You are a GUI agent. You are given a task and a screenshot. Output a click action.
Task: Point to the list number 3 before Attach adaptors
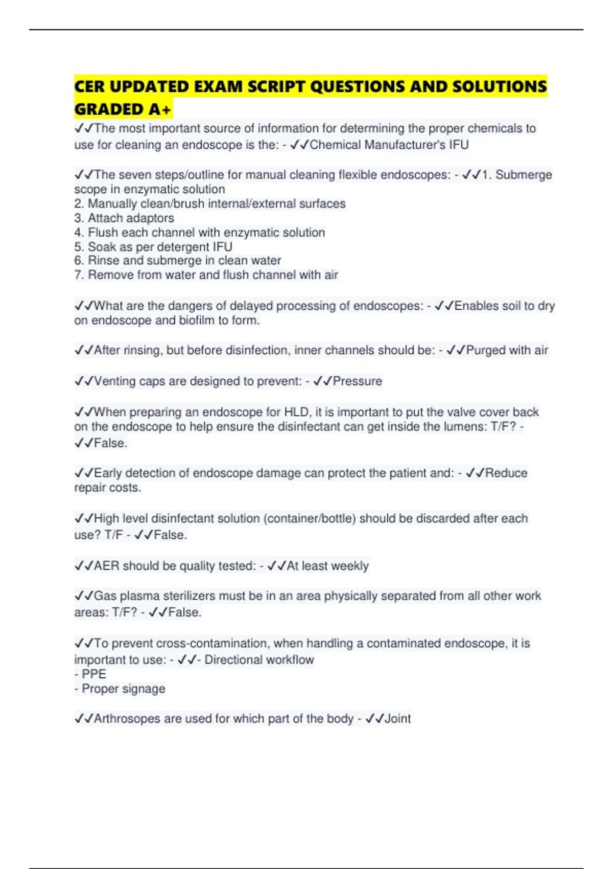click(x=78, y=218)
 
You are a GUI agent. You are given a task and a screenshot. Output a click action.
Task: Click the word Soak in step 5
click(x=102, y=247)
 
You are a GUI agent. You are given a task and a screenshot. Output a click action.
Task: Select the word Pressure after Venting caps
click(x=357, y=381)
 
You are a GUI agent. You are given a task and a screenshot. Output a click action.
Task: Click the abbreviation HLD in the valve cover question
click(x=296, y=412)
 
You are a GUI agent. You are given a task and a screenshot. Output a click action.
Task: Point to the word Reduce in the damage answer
click(x=506, y=473)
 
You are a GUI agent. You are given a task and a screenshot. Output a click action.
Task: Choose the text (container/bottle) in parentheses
click(x=310, y=518)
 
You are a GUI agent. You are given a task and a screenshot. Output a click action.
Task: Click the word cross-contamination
click(x=216, y=643)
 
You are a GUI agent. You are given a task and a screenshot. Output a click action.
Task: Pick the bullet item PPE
click(x=94, y=674)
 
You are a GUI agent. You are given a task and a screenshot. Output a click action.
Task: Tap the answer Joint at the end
click(x=397, y=719)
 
